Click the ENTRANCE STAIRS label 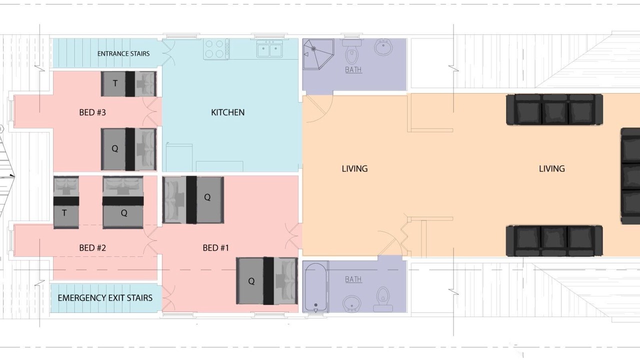coord(123,53)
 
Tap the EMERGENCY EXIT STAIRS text coord(105,298)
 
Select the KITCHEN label coord(227,112)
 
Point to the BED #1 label coord(215,247)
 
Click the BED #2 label coord(92,247)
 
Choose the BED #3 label coord(92,112)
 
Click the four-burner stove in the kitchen coord(216,49)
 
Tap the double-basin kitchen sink coord(269,49)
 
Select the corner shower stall coord(318,54)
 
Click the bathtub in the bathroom coord(315,287)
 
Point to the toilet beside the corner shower coord(351,51)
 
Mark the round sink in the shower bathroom coord(383,47)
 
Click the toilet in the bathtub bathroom coord(383,299)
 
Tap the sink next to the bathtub coord(351,303)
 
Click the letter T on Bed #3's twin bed coord(115,83)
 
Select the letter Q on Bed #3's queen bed coord(115,148)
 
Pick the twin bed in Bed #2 coord(66,202)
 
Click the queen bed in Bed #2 coord(123,202)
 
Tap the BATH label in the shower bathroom coord(353,69)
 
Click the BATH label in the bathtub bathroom coord(353,279)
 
